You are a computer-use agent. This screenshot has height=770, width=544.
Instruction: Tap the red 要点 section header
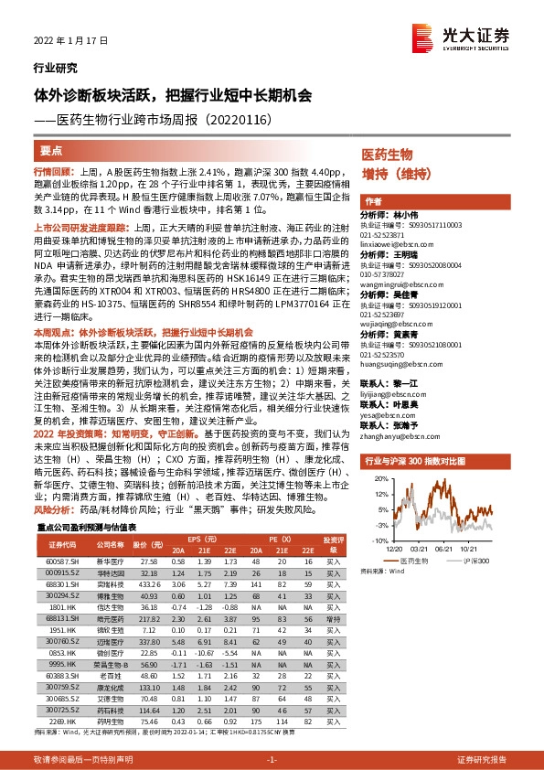52,150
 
